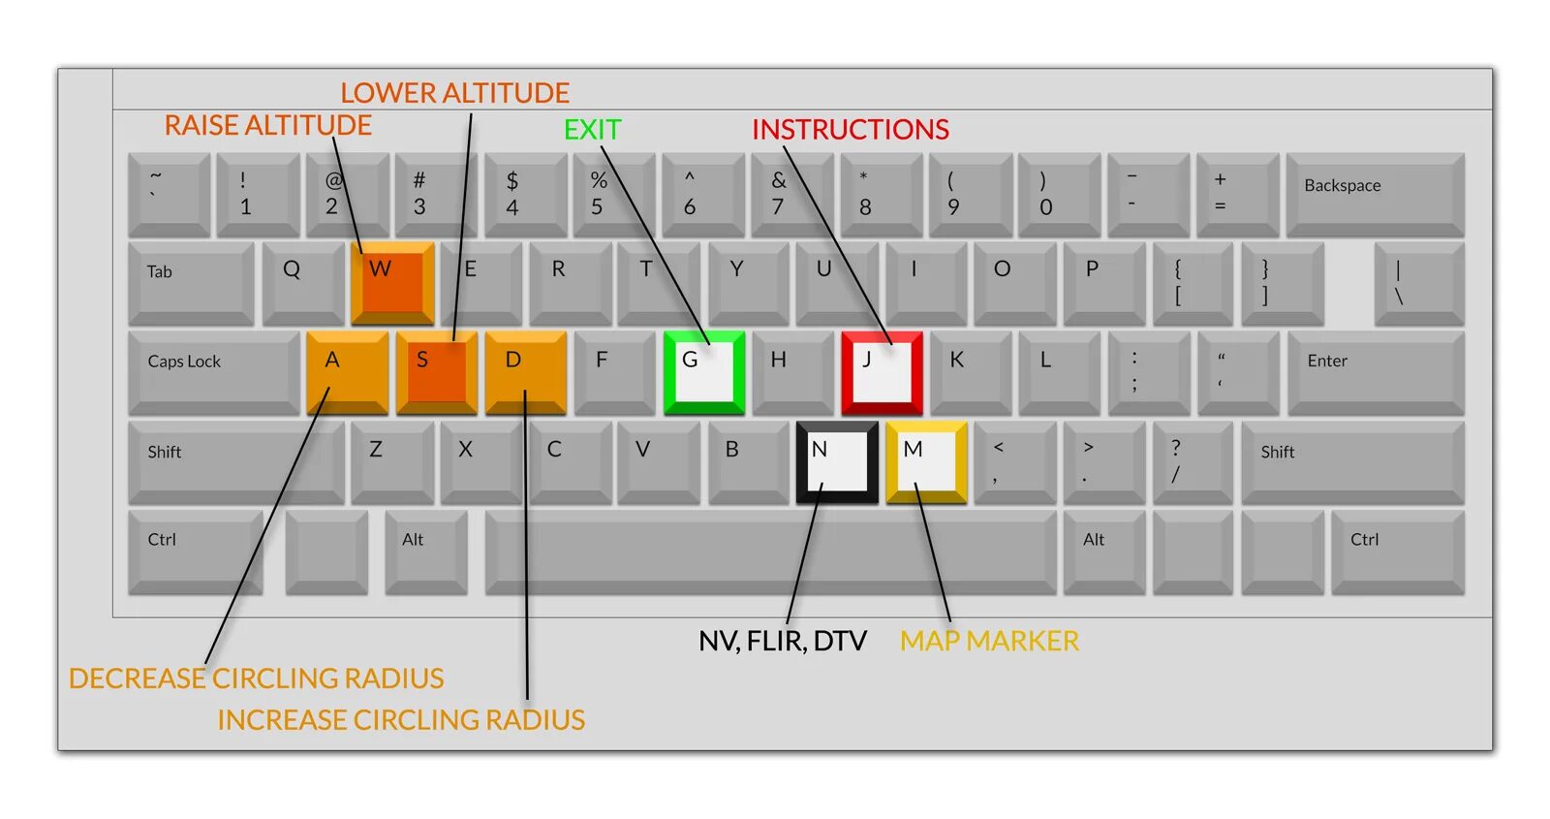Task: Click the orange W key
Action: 392,282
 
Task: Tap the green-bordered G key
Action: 704,372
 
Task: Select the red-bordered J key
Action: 882,372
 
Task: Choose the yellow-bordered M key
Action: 927,462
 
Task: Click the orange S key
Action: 436,372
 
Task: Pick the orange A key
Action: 347,372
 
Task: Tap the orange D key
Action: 525,372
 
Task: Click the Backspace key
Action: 1375,193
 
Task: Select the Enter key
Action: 1375,372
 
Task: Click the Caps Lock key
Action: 213,372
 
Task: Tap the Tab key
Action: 191,282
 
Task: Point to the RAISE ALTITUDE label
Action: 267,126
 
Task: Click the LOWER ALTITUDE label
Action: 454,93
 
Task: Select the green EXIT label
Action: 592,130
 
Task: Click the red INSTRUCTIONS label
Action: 850,130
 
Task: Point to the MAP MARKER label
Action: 989,641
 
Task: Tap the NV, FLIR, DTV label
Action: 782,641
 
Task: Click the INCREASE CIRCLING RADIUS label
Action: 401,720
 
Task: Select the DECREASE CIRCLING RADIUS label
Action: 256,678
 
